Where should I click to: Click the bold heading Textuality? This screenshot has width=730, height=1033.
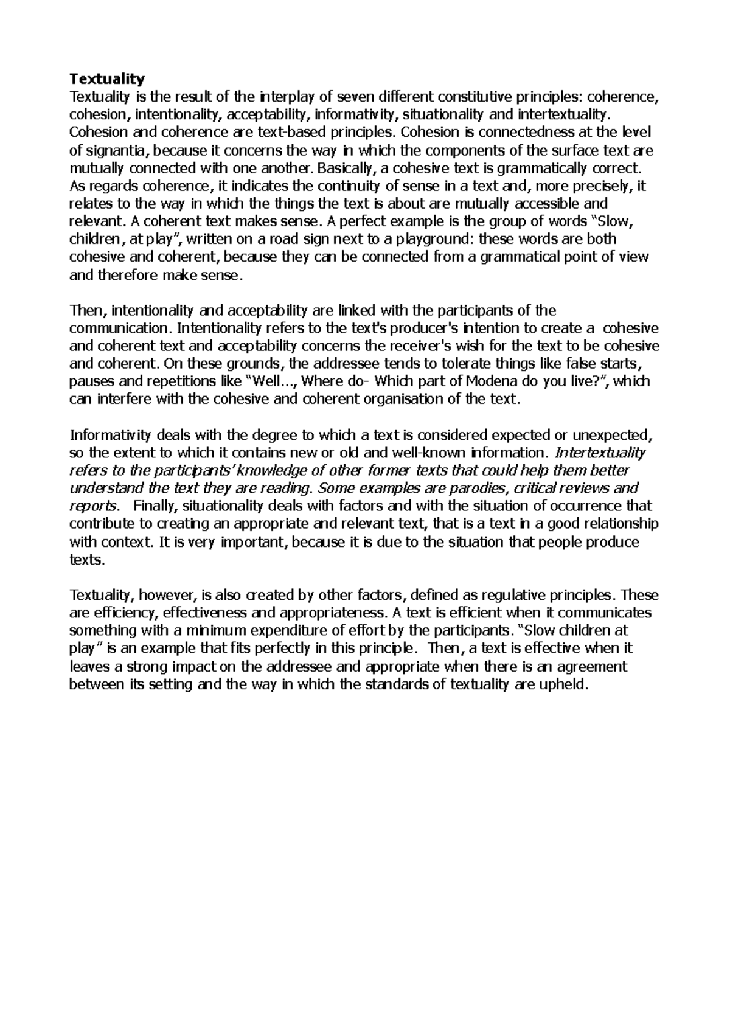(x=107, y=78)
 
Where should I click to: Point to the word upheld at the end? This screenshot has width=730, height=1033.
(x=563, y=684)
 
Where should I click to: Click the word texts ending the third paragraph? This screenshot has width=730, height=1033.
(x=88, y=560)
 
